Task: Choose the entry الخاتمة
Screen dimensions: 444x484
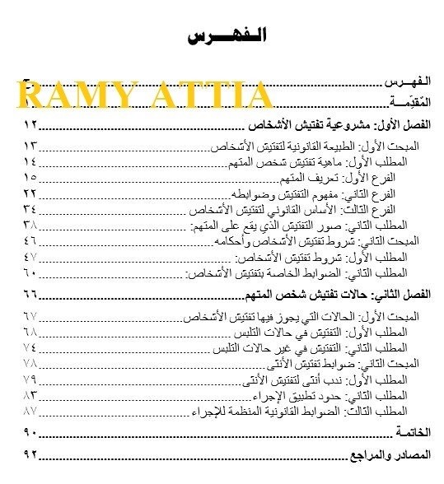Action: click(x=412, y=432)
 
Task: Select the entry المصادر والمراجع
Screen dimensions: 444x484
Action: click(x=388, y=455)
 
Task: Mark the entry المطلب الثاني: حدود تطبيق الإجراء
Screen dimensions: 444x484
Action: click(x=339, y=394)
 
